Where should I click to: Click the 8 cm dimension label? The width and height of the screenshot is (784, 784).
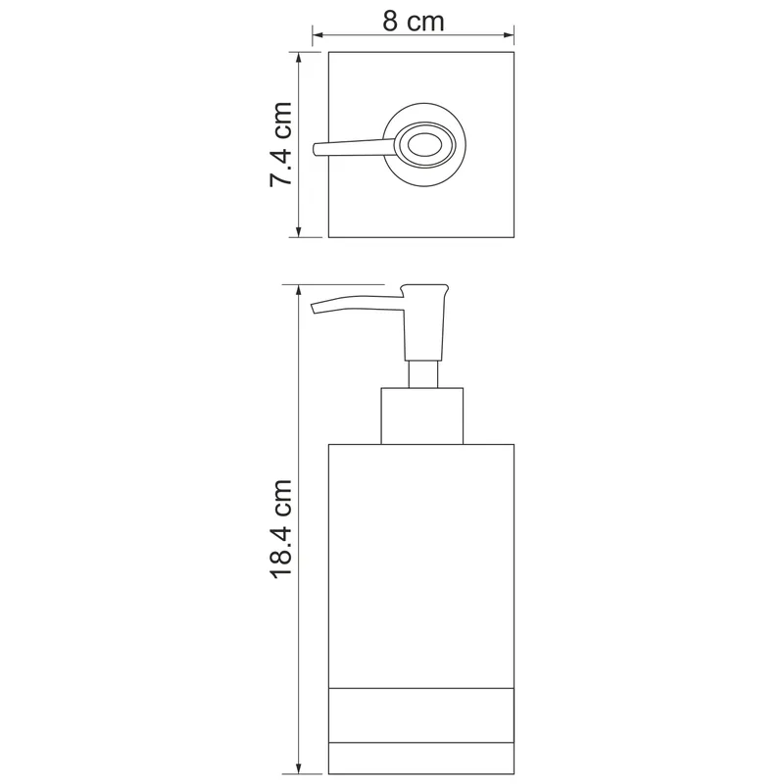pyautogui.click(x=413, y=22)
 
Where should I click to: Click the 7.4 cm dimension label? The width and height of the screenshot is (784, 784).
pyautogui.click(x=280, y=144)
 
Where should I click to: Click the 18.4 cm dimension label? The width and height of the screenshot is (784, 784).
pyautogui.click(x=281, y=528)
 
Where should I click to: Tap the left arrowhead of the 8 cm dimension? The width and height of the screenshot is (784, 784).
pyautogui.click(x=318, y=35)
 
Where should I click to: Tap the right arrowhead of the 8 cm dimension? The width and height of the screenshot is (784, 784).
pyautogui.click(x=509, y=35)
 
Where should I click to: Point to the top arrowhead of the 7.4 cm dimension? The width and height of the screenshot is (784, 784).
pyautogui.click(x=299, y=58)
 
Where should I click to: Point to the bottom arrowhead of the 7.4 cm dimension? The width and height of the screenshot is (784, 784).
pyautogui.click(x=299, y=231)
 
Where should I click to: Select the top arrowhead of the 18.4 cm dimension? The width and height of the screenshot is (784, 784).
pyautogui.click(x=299, y=290)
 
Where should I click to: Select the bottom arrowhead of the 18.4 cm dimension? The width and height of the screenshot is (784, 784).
pyautogui.click(x=299, y=768)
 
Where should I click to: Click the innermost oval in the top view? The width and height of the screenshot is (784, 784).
pyautogui.click(x=424, y=145)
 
